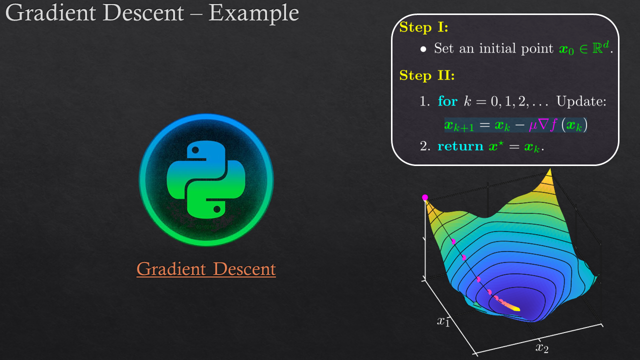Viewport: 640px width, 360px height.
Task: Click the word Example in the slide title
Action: pyautogui.click(x=253, y=13)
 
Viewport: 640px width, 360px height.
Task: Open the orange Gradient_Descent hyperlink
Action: pyautogui.click(x=206, y=269)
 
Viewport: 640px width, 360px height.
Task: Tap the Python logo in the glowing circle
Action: pyautogui.click(x=206, y=179)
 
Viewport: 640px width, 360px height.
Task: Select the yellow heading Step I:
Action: pyautogui.click(x=423, y=27)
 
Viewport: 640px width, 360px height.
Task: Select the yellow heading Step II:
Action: pyautogui.click(x=427, y=75)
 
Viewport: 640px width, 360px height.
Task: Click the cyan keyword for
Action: pyautogui.click(x=447, y=101)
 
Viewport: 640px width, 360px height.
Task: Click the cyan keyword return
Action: pyautogui.click(x=460, y=146)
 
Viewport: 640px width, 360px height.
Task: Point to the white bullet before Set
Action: pyautogui.click(x=423, y=49)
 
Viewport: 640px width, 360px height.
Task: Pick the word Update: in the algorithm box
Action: pyautogui.click(x=581, y=101)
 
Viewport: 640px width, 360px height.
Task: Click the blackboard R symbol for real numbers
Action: pyautogui.click(x=597, y=48)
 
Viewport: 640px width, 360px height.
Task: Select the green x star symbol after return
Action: pyautogui.click(x=495, y=146)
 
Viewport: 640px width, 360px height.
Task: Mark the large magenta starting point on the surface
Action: pyautogui.click(x=425, y=197)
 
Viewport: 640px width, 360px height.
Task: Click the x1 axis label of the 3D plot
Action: pyautogui.click(x=443, y=321)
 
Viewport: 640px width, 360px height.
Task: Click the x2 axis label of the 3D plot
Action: pyautogui.click(x=542, y=347)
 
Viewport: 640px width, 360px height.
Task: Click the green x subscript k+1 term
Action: pyautogui.click(x=459, y=125)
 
